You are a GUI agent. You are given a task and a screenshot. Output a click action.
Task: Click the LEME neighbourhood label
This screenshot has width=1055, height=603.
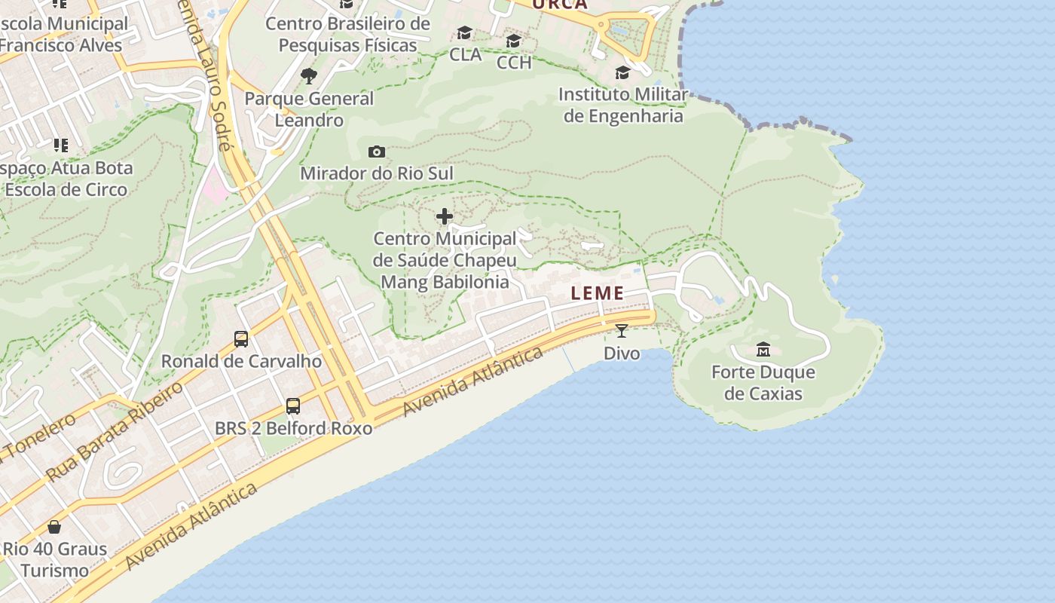[598, 293]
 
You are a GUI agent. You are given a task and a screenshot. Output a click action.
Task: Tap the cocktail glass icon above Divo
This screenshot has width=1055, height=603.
[622, 330]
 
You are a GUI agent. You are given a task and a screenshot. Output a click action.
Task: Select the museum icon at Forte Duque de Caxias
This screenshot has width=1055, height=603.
[763, 349]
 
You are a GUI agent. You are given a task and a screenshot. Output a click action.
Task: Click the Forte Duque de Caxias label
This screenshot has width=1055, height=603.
[763, 383]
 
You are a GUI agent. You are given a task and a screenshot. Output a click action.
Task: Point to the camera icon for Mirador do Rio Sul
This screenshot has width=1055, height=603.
[377, 152]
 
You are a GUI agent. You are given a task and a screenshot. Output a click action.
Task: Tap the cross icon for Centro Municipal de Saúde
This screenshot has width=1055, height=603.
[445, 217]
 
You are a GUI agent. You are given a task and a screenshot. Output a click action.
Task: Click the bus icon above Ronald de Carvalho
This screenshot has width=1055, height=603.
[241, 338]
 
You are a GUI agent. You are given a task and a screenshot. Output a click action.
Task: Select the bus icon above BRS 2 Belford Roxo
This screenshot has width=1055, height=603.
[293, 406]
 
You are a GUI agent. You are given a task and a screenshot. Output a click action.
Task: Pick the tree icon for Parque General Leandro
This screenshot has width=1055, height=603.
[308, 75]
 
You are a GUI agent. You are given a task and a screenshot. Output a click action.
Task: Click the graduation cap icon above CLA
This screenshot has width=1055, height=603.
[464, 33]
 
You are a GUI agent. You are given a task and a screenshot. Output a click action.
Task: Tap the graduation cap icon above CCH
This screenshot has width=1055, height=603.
[514, 41]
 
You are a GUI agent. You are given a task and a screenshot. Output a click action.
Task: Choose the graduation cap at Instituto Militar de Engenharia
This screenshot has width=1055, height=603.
[622, 72]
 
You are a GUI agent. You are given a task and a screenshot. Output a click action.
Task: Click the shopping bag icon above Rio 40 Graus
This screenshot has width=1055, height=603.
[54, 526]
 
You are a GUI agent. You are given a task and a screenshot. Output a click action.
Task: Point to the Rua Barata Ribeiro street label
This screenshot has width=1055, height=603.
[115, 432]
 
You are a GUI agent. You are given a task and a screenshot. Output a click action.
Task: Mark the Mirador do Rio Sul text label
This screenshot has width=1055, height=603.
[377, 173]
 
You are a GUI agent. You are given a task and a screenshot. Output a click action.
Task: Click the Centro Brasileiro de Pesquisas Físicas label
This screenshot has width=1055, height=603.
[347, 34]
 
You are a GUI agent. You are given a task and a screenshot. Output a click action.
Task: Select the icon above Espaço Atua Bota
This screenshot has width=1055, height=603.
[60, 145]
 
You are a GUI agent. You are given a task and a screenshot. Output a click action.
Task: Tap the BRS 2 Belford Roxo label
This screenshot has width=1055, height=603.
[293, 428]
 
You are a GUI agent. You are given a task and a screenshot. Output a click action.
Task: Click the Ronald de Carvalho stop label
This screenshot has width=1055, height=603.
[241, 361]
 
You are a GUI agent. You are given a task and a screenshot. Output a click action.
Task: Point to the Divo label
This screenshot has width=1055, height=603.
[622, 353]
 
